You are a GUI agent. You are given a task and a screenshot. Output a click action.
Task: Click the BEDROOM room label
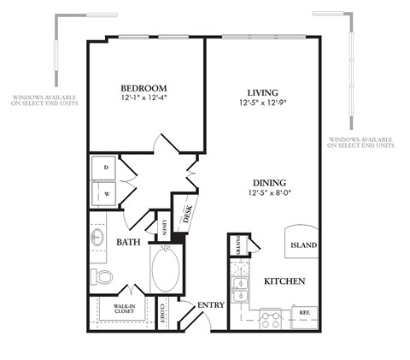click(x=143, y=88)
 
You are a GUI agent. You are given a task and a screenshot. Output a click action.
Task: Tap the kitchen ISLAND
click(x=303, y=245)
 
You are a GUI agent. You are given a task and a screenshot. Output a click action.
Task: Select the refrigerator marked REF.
click(x=304, y=313)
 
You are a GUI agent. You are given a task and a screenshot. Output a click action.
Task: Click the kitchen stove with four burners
click(x=271, y=319)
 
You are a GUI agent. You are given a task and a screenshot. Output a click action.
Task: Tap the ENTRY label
click(x=211, y=304)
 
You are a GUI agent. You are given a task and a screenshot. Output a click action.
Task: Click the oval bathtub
click(x=165, y=269)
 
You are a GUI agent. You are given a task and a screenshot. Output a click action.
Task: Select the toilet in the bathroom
click(x=102, y=276)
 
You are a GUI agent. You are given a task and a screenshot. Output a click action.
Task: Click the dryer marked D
click(x=106, y=167)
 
